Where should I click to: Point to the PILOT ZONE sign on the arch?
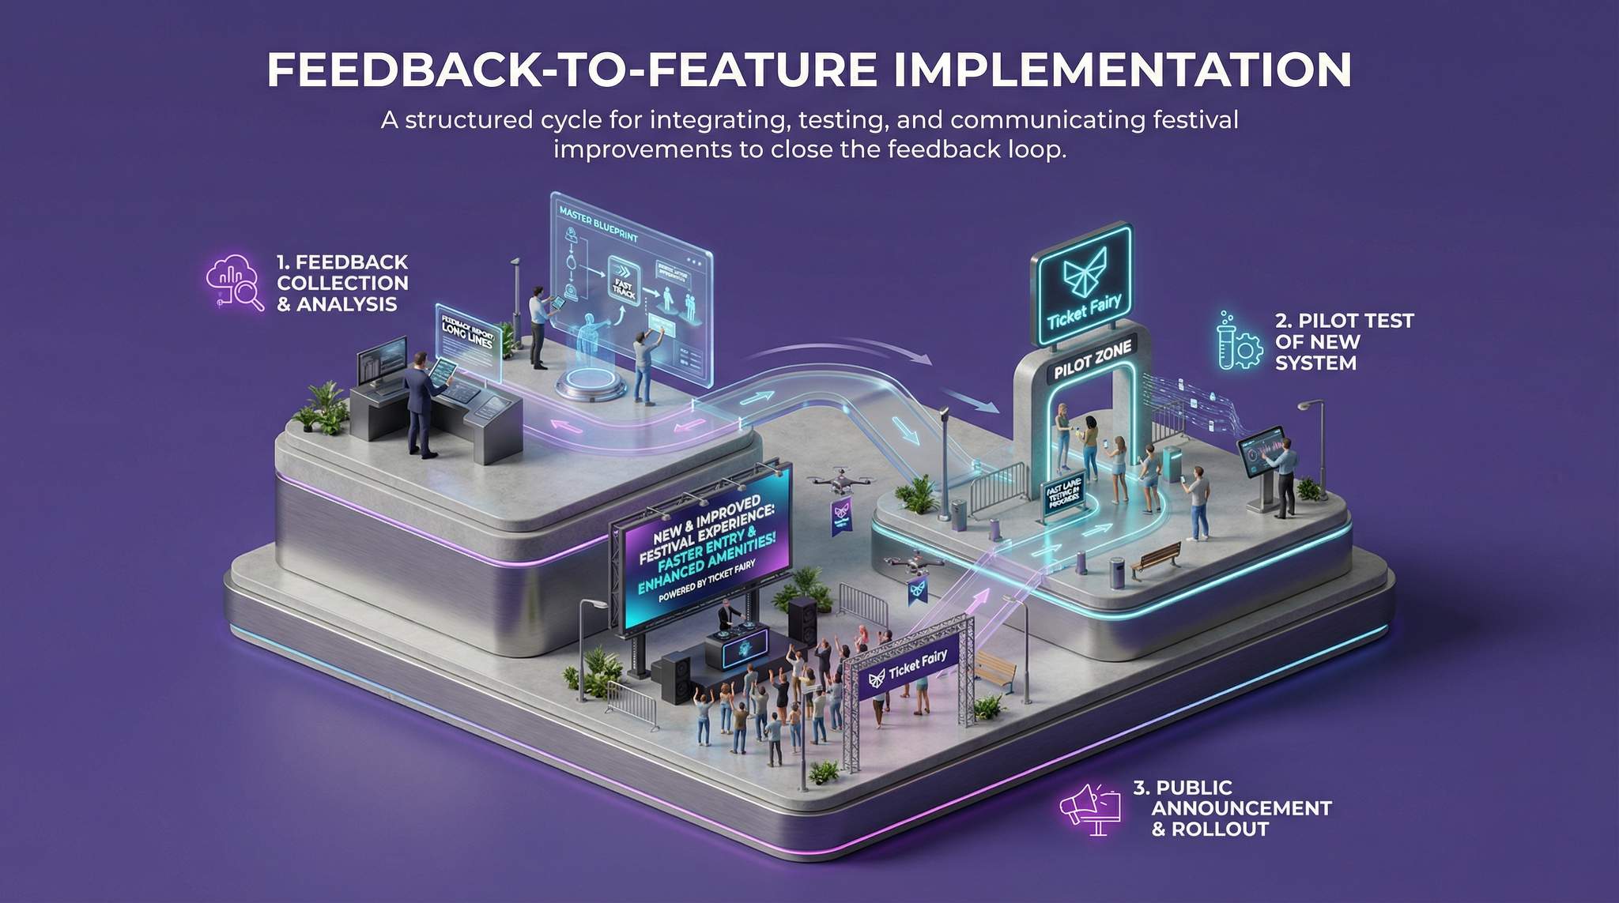point(1093,359)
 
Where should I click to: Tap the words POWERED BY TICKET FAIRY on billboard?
point(706,581)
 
